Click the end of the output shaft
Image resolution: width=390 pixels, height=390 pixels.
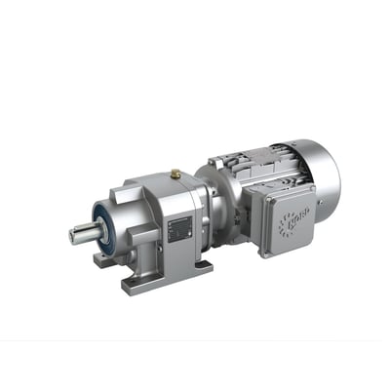tap(73, 235)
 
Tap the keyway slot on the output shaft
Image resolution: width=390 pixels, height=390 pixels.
tap(86, 230)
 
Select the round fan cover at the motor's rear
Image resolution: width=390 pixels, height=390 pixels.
tap(325, 175)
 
